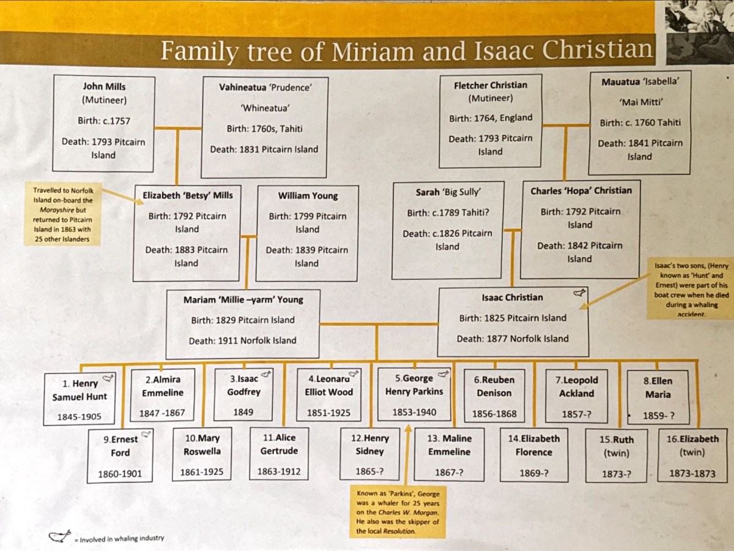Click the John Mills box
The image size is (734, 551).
tap(103, 122)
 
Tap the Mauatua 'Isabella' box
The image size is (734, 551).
tap(639, 123)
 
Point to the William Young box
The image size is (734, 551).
tap(307, 233)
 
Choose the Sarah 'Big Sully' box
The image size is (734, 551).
tap(448, 230)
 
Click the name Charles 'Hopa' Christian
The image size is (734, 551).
tap(581, 190)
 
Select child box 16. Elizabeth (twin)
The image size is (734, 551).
tap(692, 455)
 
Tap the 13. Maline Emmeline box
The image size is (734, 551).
tap(449, 454)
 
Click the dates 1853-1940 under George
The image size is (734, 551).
tap(414, 412)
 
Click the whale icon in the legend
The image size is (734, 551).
tap(60, 536)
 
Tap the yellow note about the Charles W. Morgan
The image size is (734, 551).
tap(398, 511)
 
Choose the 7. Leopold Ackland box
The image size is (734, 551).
tap(577, 395)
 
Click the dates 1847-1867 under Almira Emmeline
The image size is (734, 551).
tap(161, 413)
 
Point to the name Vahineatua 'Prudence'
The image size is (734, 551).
tap(265, 88)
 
